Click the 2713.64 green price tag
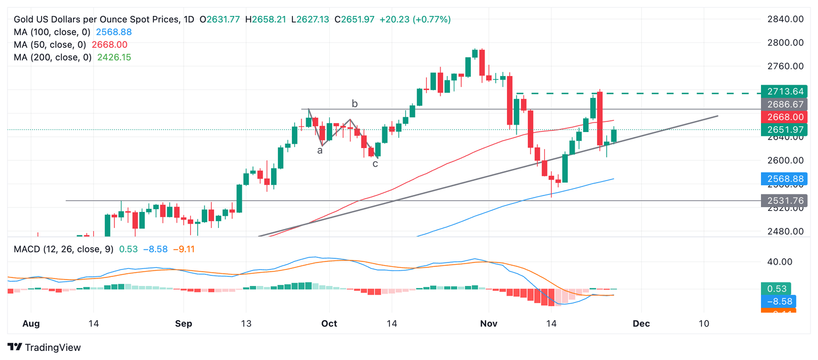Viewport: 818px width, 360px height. click(x=784, y=91)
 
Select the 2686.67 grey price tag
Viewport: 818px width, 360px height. click(x=784, y=104)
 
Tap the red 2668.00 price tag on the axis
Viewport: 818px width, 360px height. click(x=784, y=117)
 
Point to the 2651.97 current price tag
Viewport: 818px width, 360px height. click(x=784, y=130)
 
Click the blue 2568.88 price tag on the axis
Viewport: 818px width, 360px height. click(x=784, y=179)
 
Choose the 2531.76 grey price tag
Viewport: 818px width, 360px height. click(x=784, y=201)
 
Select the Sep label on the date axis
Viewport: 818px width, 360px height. click(x=183, y=323)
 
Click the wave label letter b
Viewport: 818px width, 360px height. click(x=354, y=103)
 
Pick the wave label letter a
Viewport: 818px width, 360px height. click(x=320, y=151)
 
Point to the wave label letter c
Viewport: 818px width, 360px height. click(x=375, y=163)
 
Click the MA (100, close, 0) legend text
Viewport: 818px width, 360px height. click(x=53, y=32)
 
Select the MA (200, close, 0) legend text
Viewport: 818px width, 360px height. click(x=53, y=57)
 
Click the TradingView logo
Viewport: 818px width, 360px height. click(x=45, y=347)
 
